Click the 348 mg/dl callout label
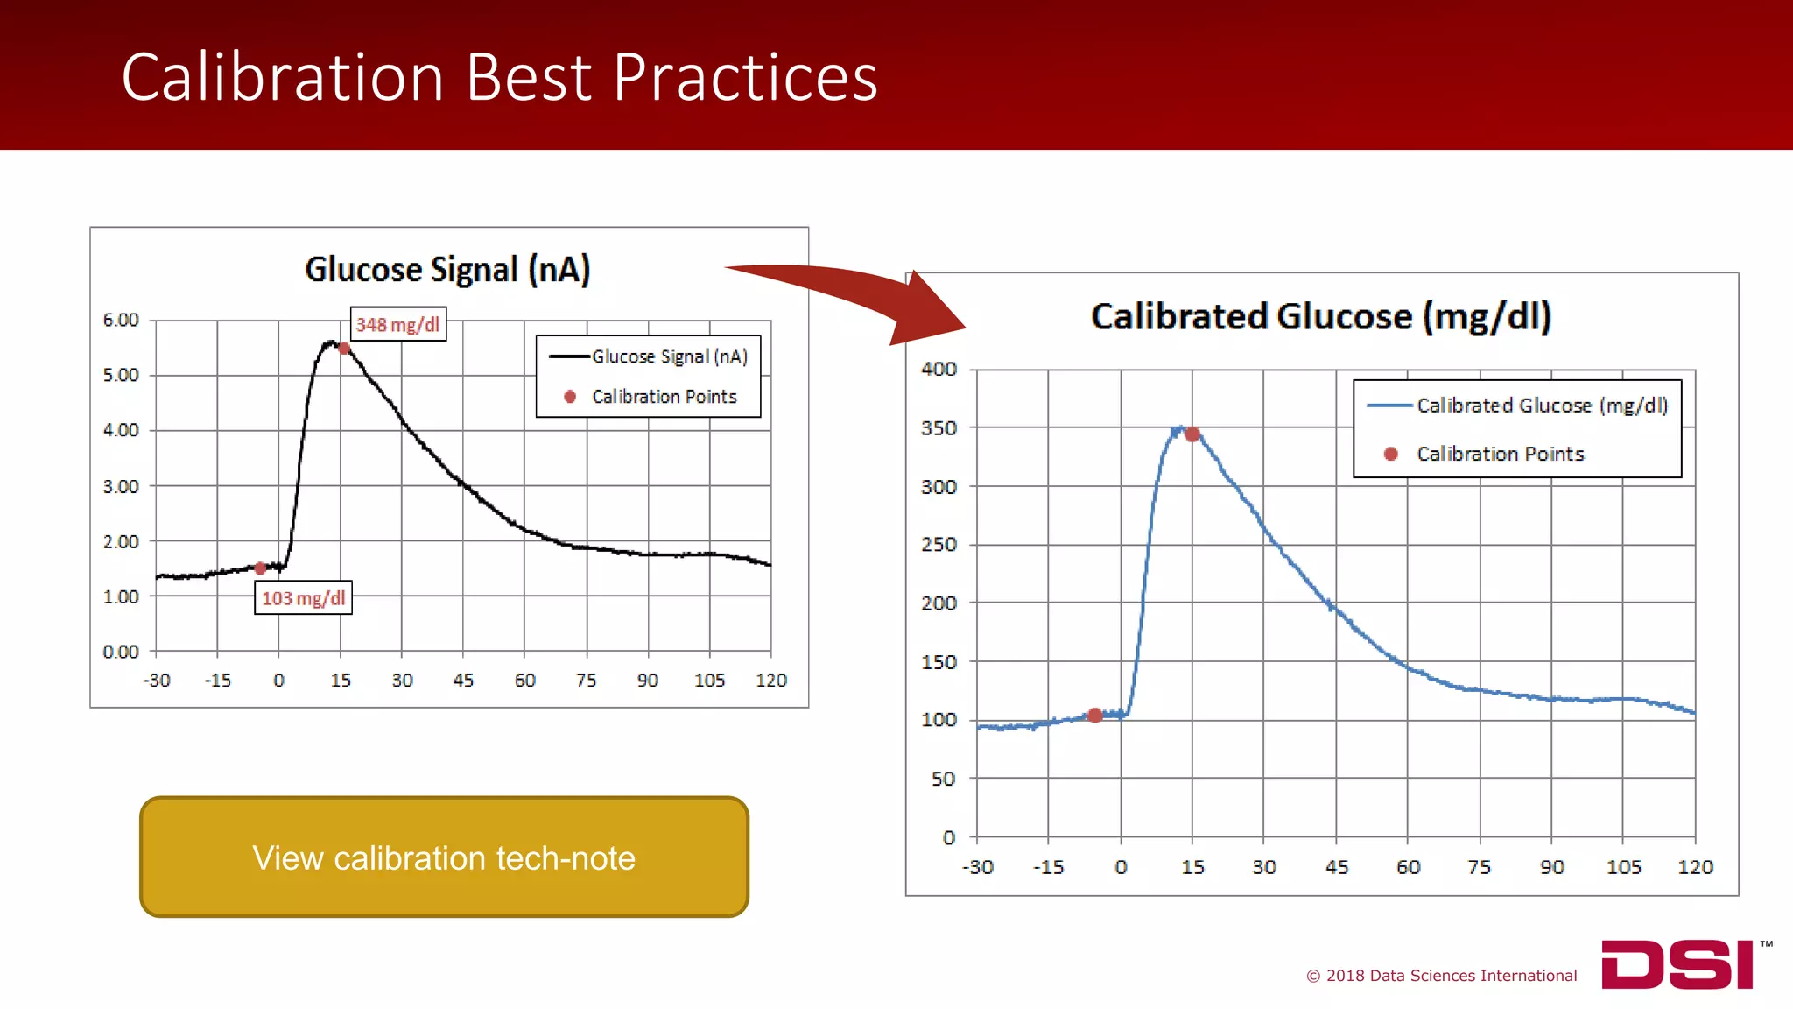(398, 325)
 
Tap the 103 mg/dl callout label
(303, 598)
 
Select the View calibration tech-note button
(444, 857)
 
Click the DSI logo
(1677, 964)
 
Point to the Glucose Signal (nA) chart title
(447, 270)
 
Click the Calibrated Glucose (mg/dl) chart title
(1320, 316)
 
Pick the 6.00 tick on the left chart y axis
(121, 320)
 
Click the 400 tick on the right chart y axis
(939, 370)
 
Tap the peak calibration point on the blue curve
(1192, 434)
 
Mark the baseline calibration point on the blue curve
(1094, 716)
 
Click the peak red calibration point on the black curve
(344, 349)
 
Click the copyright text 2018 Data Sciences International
(1442, 976)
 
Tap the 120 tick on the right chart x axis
(1695, 867)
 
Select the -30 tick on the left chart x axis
(157, 681)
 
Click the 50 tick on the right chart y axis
(943, 779)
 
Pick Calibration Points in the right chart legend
(1500, 454)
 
